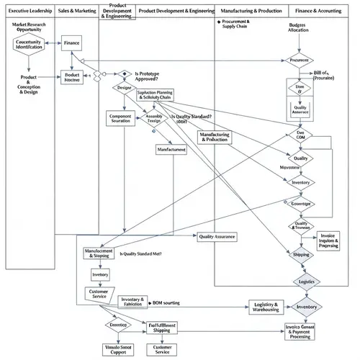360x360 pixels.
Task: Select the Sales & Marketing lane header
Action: [77, 12]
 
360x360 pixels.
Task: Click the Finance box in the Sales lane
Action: [71, 44]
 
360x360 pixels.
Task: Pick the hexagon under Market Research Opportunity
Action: [29, 45]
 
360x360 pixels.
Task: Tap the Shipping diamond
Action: [300, 254]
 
